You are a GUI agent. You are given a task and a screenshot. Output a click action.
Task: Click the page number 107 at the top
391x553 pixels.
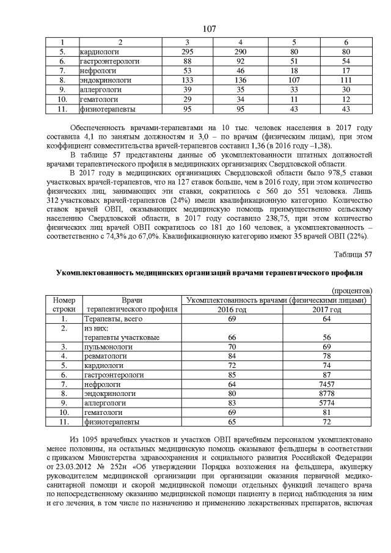[209, 29]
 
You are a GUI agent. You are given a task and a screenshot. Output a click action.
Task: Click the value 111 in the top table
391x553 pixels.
[346, 80]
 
